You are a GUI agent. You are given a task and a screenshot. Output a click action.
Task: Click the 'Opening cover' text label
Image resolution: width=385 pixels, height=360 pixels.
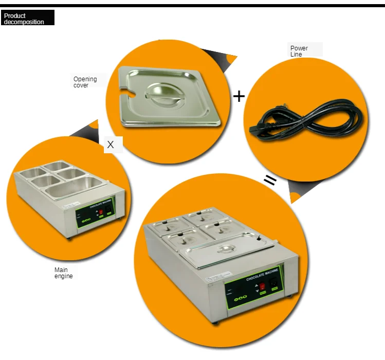pos(85,82)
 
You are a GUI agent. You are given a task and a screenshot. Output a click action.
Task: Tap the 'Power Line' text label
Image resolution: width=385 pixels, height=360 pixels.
pos(299,51)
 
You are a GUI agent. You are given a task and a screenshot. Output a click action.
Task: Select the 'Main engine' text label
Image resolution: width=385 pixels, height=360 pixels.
pos(64,273)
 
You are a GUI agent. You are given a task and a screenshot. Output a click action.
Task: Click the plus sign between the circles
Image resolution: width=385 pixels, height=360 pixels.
pos(239,96)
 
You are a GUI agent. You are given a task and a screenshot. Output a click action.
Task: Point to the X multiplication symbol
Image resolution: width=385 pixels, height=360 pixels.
pos(111,145)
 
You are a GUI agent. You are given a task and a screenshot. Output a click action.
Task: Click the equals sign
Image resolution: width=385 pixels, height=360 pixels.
pos(271,180)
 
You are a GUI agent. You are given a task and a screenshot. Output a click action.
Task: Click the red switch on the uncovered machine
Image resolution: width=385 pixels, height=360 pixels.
pos(101,211)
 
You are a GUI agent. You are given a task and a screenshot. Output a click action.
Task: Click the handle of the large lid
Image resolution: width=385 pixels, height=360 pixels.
pos(225,249)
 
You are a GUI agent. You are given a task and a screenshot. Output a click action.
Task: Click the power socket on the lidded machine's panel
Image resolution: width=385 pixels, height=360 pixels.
pos(274,282)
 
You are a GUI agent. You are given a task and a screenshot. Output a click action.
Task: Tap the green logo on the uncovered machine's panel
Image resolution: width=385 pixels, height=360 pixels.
pos(86,218)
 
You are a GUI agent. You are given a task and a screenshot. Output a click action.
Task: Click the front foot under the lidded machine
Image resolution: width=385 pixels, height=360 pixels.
pos(216,323)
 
